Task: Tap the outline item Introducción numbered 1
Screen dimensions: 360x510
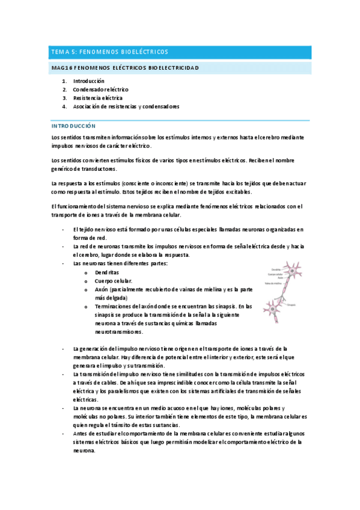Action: (88, 81)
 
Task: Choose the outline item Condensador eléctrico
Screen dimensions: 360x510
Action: (100, 89)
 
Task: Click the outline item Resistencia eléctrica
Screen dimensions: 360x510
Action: (97, 97)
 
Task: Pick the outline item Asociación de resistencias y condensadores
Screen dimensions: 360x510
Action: (126, 106)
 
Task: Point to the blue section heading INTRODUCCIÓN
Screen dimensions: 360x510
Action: (73, 126)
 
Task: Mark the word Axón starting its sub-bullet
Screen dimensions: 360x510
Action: (102, 289)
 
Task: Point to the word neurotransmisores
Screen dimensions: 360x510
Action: (118, 331)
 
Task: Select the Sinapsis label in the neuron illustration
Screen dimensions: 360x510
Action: (291, 305)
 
